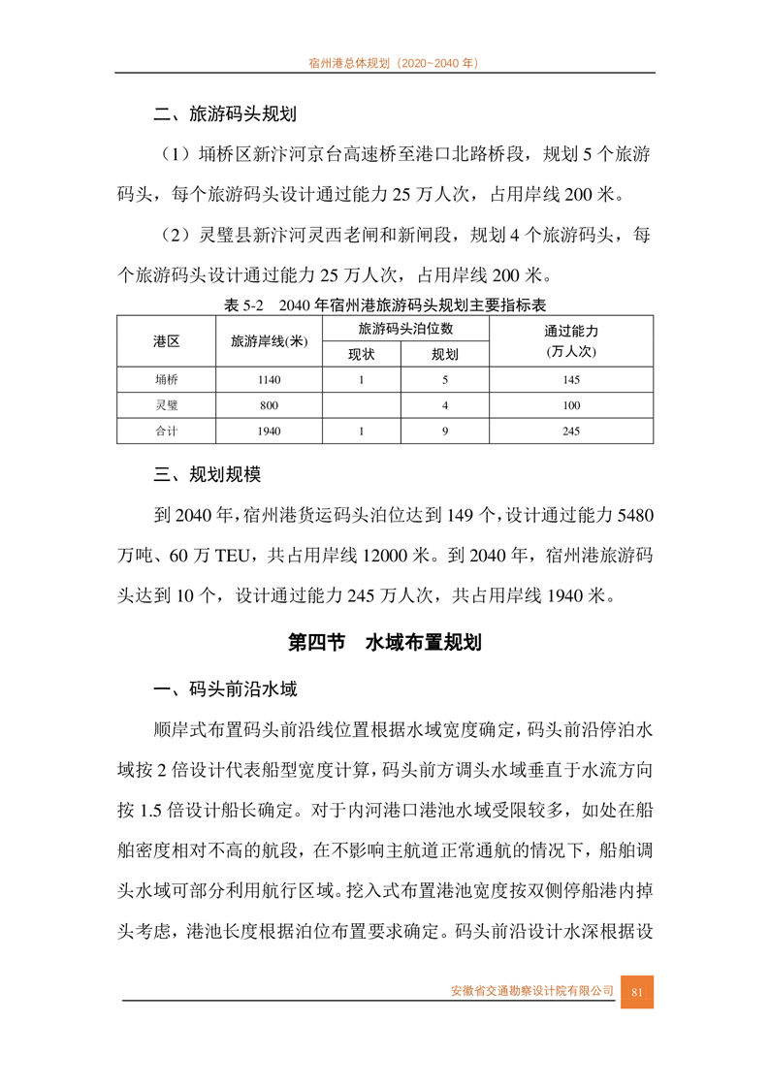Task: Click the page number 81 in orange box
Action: (x=637, y=991)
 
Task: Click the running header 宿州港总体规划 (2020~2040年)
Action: (x=385, y=61)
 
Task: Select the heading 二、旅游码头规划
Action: (x=224, y=114)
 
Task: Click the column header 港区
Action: (x=166, y=341)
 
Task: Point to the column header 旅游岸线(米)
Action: (x=269, y=341)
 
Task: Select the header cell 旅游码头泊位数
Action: (x=405, y=329)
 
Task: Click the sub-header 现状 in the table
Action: (x=361, y=354)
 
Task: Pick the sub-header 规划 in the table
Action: (x=445, y=354)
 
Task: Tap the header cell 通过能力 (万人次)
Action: (x=571, y=341)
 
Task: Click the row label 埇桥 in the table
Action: (x=166, y=380)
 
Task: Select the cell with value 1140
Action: (x=269, y=380)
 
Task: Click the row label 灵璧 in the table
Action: (x=166, y=405)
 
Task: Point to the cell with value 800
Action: (x=269, y=405)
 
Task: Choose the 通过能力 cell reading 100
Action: (x=571, y=405)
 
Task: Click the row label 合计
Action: (x=166, y=431)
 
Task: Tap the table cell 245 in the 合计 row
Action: (x=571, y=431)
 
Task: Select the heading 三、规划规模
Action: (x=207, y=475)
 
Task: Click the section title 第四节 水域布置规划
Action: (x=385, y=642)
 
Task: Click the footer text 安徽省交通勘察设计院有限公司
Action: (x=532, y=991)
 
